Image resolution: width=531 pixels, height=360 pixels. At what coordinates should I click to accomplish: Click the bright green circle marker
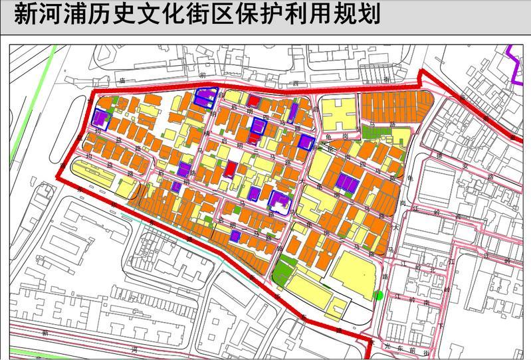coord(379,296)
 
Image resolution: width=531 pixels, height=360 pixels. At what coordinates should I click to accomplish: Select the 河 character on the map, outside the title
coord(134,347)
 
